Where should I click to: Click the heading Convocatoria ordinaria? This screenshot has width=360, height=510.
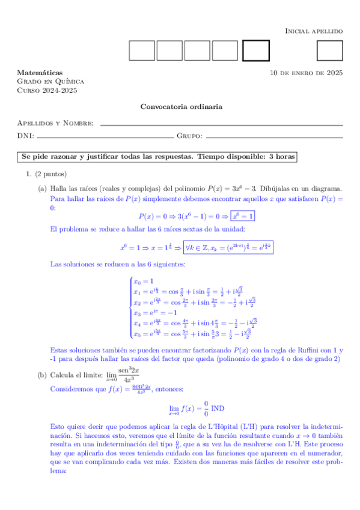coord(181,106)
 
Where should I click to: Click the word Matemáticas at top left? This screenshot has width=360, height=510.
coord(40,72)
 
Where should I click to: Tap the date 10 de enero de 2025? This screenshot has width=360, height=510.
coord(307,73)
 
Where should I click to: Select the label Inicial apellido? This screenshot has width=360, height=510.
coord(313,30)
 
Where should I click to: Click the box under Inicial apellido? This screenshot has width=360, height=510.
coord(329,51)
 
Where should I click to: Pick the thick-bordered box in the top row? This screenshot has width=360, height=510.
coord(255,51)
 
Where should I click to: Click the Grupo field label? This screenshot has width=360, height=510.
coord(189,136)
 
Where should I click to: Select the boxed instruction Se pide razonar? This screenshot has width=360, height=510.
coord(158,156)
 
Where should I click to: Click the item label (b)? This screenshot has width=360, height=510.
coord(41,375)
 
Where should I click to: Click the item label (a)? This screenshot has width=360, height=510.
coord(42,188)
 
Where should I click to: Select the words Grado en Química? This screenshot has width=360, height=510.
coord(50,81)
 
